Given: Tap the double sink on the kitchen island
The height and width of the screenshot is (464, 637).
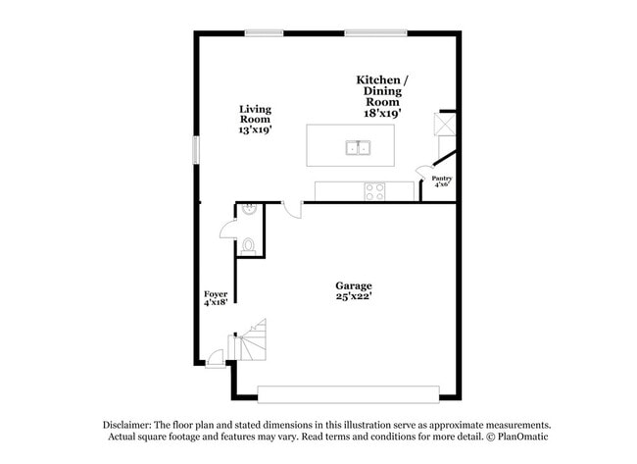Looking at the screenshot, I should point(357,149).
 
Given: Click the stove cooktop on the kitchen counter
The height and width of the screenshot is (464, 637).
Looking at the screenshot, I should point(375,190).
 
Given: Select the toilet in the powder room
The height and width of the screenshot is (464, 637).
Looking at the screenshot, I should point(248,245).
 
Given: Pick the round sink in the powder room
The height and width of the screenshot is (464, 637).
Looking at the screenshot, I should point(249,209).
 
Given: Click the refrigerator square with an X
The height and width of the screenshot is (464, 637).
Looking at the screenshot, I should point(446,125).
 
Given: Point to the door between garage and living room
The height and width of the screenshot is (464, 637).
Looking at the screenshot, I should point(292,209).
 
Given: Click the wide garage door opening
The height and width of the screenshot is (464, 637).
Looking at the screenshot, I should point(347,394).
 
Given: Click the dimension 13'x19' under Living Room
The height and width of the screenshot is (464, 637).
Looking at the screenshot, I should point(255,129).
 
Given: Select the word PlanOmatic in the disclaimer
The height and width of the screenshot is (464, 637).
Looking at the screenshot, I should point(521,437).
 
